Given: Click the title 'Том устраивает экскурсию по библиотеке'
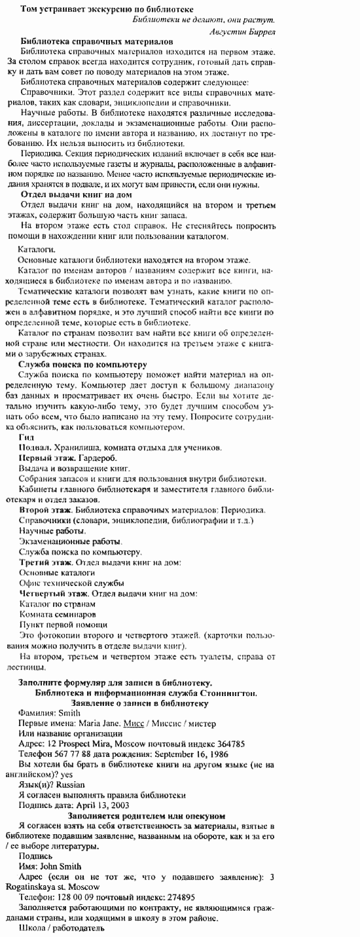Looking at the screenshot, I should [x=107, y=10].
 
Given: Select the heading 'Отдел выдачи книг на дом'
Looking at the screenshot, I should [x=77, y=195].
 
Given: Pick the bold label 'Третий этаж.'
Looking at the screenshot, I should [x=47, y=562].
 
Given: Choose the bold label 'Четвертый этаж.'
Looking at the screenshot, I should [x=56, y=593].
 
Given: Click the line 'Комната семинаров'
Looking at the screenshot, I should [x=58, y=615].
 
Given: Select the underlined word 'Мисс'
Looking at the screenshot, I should [x=134, y=724].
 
